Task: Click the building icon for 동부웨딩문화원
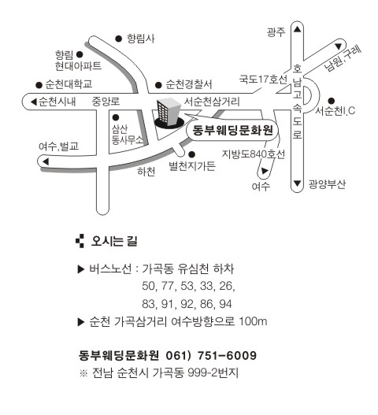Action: (169, 113)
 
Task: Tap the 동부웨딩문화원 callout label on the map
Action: (232, 130)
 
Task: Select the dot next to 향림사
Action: (119, 39)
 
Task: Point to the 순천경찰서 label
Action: (189, 84)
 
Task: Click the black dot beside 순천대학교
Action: (39, 85)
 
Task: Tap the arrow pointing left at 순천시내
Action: (33, 102)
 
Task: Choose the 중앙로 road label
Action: (106, 102)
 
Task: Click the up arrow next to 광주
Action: (297, 29)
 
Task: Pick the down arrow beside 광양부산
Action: (297, 183)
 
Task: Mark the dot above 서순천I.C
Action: (332, 101)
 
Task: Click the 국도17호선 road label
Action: (263, 79)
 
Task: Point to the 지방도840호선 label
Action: (254, 154)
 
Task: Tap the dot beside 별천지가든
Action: (192, 154)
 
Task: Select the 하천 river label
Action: (146, 172)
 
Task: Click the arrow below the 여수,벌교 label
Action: (46, 161)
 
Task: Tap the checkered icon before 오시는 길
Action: (80, 241)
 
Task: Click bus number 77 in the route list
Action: (168, 286)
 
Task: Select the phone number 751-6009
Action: (227, 355)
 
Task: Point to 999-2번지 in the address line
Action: (213, 372)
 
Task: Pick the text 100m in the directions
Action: (253, 321)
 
